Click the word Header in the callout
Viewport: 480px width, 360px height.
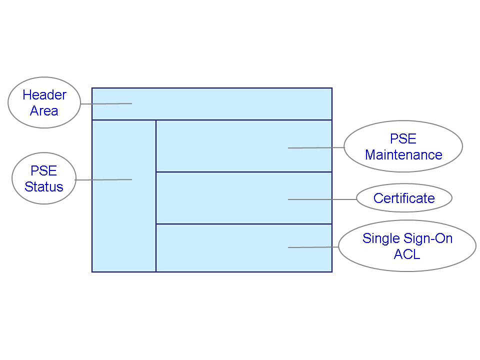click(x=44, y=95)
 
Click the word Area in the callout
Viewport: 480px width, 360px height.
click(x=44, y=111)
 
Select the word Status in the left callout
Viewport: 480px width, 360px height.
click(x=44, y=187)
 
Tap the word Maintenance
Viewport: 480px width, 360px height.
click(x=403, y=155)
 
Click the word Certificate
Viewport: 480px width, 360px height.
click(x=404, y=198)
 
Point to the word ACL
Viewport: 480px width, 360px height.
click(x=407, y=254)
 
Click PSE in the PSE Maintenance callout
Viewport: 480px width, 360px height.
click(x=403, y=139)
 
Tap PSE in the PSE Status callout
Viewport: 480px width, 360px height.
click(x=44, y=171)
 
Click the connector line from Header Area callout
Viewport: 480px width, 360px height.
click(x=106, y=104)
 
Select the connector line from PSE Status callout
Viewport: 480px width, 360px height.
click(x=103, y=179)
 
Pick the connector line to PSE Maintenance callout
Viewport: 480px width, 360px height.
click(x=316, y=148)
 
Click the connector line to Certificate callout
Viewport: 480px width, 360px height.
click(x=322, y=199)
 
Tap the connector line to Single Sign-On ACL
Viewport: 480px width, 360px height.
click(x=313, y=247)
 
